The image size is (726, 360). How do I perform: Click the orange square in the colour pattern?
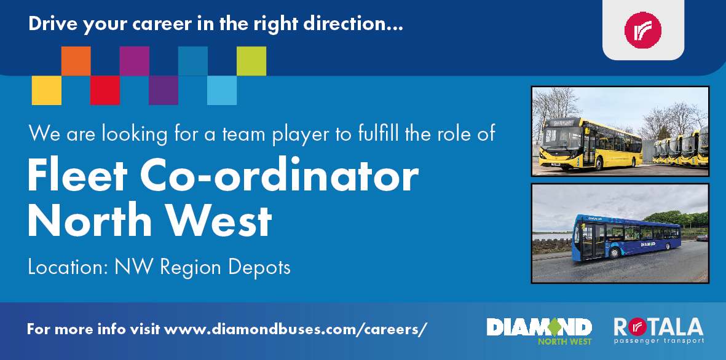click(x=76, y=61)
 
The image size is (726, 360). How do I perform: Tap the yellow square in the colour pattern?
click(x=46, y=90)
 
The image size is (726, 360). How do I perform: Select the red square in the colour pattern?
click(x=105, y=90)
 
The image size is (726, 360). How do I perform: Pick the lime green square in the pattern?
click(x=251, y=61)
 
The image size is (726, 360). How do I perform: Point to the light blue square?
click(x=222, y=90)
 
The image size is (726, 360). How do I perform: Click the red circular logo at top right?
click(x=642, y=30)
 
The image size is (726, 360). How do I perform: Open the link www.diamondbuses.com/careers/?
click(x=296, y=329)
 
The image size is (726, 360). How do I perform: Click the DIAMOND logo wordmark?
click(x=539, y=327)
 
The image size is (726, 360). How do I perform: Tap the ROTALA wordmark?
click(x=658, y=327)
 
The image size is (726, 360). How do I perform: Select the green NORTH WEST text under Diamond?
click(x=564, y=342)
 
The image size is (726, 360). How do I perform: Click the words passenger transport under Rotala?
click(x=659, y=341)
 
